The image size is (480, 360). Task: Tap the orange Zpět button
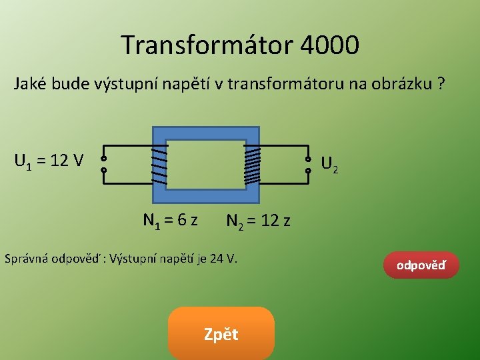point(221,334)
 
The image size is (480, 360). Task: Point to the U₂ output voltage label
point(329,163)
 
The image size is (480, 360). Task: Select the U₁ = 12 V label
point(49,161)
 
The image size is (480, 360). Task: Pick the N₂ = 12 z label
point(258,221)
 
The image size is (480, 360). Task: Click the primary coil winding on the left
point(159,165)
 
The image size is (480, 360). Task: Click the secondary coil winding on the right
point(252,165)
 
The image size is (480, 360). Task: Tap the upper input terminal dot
point(103,159)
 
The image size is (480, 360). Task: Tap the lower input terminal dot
point(103,171)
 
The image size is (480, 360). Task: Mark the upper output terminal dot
point(308,159)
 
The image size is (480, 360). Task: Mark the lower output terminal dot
point(308,171)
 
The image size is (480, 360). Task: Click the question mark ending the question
point(441,85)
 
